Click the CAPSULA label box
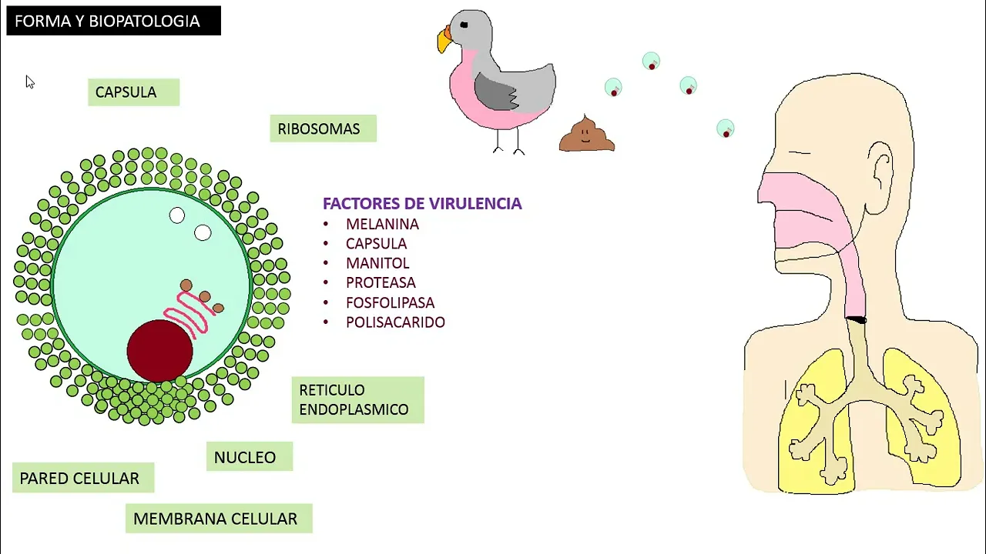(x=133, y=92)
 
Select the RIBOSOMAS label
(x=323, y=128)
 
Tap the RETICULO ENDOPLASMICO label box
(x=357, y=399)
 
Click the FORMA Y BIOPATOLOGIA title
(x=113, y=21)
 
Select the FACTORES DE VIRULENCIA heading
(x=422, y=203)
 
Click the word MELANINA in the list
(x=382, y=224)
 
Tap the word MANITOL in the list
(x=377, y=263)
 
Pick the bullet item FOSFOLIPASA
(x=390, y=302)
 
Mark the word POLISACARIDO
(x=395, y=322)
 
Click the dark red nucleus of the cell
(x=160, y=350)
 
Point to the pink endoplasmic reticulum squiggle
(x=188, y=311)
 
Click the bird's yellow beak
(x=444, y=40)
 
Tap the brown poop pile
(x=586, y=135)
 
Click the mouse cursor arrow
(x=29, y=82)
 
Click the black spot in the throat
(x=856, y=319)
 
